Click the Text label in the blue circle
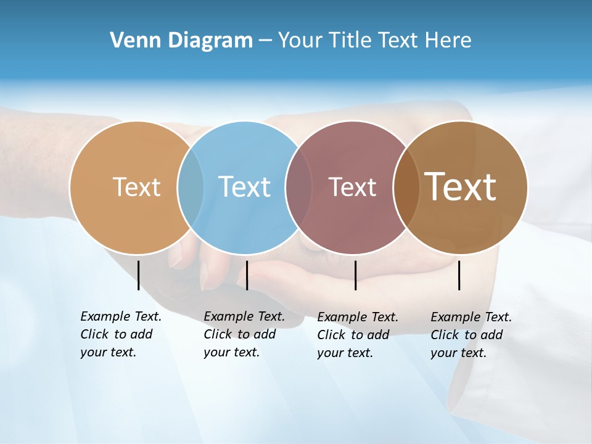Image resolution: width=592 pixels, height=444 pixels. [x=244, y=187]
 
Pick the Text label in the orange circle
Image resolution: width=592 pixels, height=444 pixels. [x=136, y=187]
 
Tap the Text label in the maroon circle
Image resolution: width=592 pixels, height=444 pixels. [x=352, y=187]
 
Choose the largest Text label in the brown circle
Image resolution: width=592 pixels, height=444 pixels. [x=461, y=186]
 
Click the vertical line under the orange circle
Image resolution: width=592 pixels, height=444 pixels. [x=139, y=275]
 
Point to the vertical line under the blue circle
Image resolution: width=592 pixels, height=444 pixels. [x=247, y=275]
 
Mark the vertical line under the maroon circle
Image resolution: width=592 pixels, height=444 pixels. [x=355, y=275]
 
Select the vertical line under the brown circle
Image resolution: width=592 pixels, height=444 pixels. [x=459, y=275]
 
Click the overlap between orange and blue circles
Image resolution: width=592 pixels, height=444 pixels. [x=191, y=187]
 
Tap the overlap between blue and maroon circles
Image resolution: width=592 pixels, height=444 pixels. [x=299, y=187]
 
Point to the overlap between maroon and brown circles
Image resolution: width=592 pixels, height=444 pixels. [x=405, y=187]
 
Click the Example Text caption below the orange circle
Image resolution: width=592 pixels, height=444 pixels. [x=121, y=334]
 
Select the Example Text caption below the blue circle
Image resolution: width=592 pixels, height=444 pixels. [x=244, y=334]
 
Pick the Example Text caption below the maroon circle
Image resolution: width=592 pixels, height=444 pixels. [x=358, y=335]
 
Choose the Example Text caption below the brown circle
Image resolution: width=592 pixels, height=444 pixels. [x=471, y=335]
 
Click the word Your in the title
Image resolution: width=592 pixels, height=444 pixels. [x=300, y=40]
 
